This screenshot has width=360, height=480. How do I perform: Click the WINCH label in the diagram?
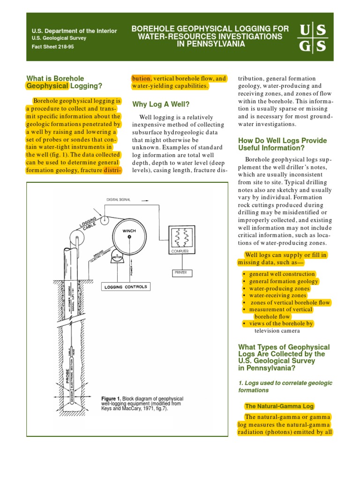[129, 231]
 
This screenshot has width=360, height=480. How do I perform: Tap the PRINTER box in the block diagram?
[180, 272]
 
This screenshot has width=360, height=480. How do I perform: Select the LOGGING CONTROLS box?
[125, 287]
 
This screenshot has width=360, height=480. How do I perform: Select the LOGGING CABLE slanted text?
[89, 224]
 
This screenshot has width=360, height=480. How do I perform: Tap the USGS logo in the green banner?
[312, 38]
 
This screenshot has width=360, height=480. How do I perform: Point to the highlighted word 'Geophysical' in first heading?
[47, 86]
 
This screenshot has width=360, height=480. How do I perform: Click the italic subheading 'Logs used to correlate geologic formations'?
[285, 386]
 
